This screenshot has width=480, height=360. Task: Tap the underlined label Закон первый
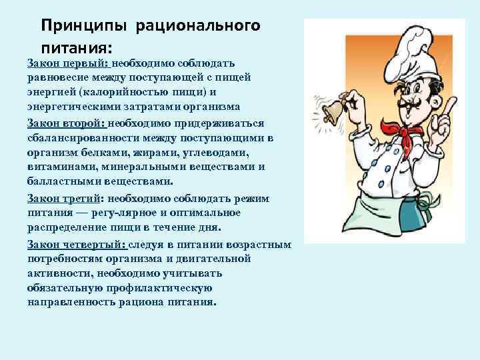67,63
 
